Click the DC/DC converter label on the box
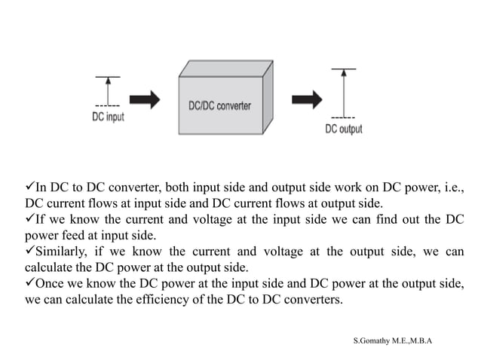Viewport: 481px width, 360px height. coord(219,106)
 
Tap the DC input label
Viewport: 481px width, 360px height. coord(108,117)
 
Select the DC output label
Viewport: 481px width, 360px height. coord(343,129)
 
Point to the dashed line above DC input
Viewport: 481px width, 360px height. coord(108,105)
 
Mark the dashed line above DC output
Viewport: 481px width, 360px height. coord(344,117)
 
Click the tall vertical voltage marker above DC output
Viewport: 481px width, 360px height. coord(344,92)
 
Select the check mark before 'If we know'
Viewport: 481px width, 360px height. coord(30,219)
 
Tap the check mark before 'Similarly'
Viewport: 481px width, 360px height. coord(30,251)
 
